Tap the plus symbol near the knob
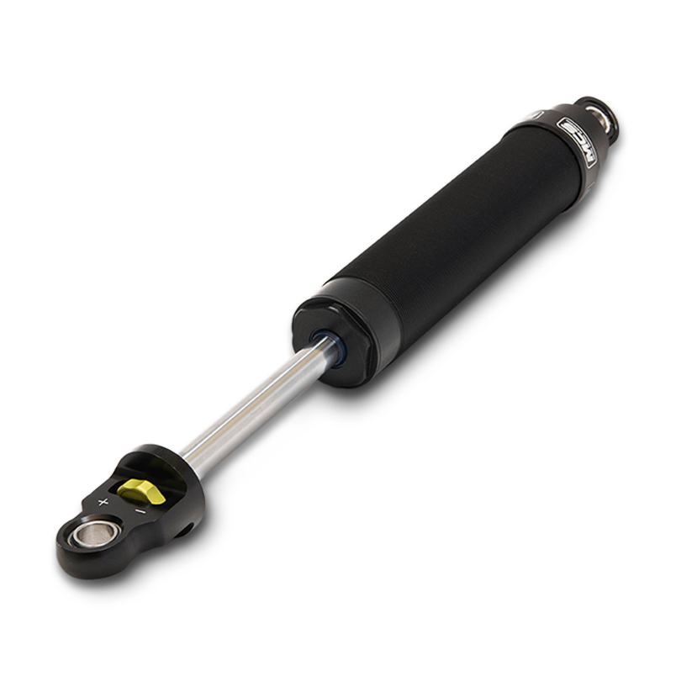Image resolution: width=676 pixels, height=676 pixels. click(x=103, y=502)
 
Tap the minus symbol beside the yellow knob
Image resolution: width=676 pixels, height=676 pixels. click(x=139, y=510)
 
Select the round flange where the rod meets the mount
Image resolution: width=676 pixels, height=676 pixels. click(x=168, y=458)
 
